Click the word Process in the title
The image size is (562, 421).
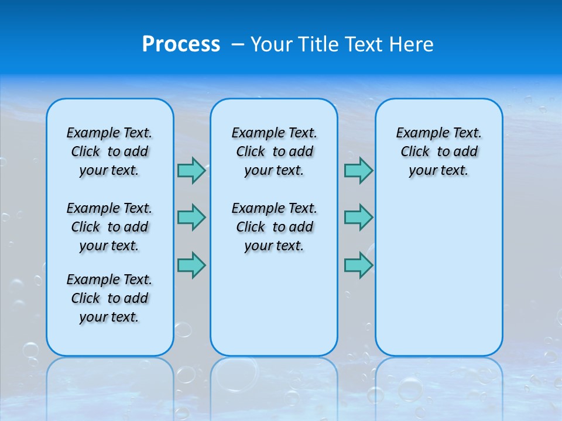pos(181,44)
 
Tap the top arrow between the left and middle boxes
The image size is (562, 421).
pos(191,170)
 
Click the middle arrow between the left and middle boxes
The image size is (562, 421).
pos(191,218)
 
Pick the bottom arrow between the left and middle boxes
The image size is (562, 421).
pos(191,265)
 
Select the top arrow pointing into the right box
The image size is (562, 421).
pos(358,170)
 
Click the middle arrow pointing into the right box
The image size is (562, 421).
pos(358,218)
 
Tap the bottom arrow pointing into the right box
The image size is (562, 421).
pos(358,265)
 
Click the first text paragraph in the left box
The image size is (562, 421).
pos(109,151)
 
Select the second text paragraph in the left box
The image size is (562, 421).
pos(109,227)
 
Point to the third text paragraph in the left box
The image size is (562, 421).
pos(109,298)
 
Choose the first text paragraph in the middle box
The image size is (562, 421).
pos(274,151)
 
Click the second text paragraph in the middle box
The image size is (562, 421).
pos(274,227)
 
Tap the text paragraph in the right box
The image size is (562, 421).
pos(438,151)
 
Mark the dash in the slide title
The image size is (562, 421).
pos(238,44)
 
